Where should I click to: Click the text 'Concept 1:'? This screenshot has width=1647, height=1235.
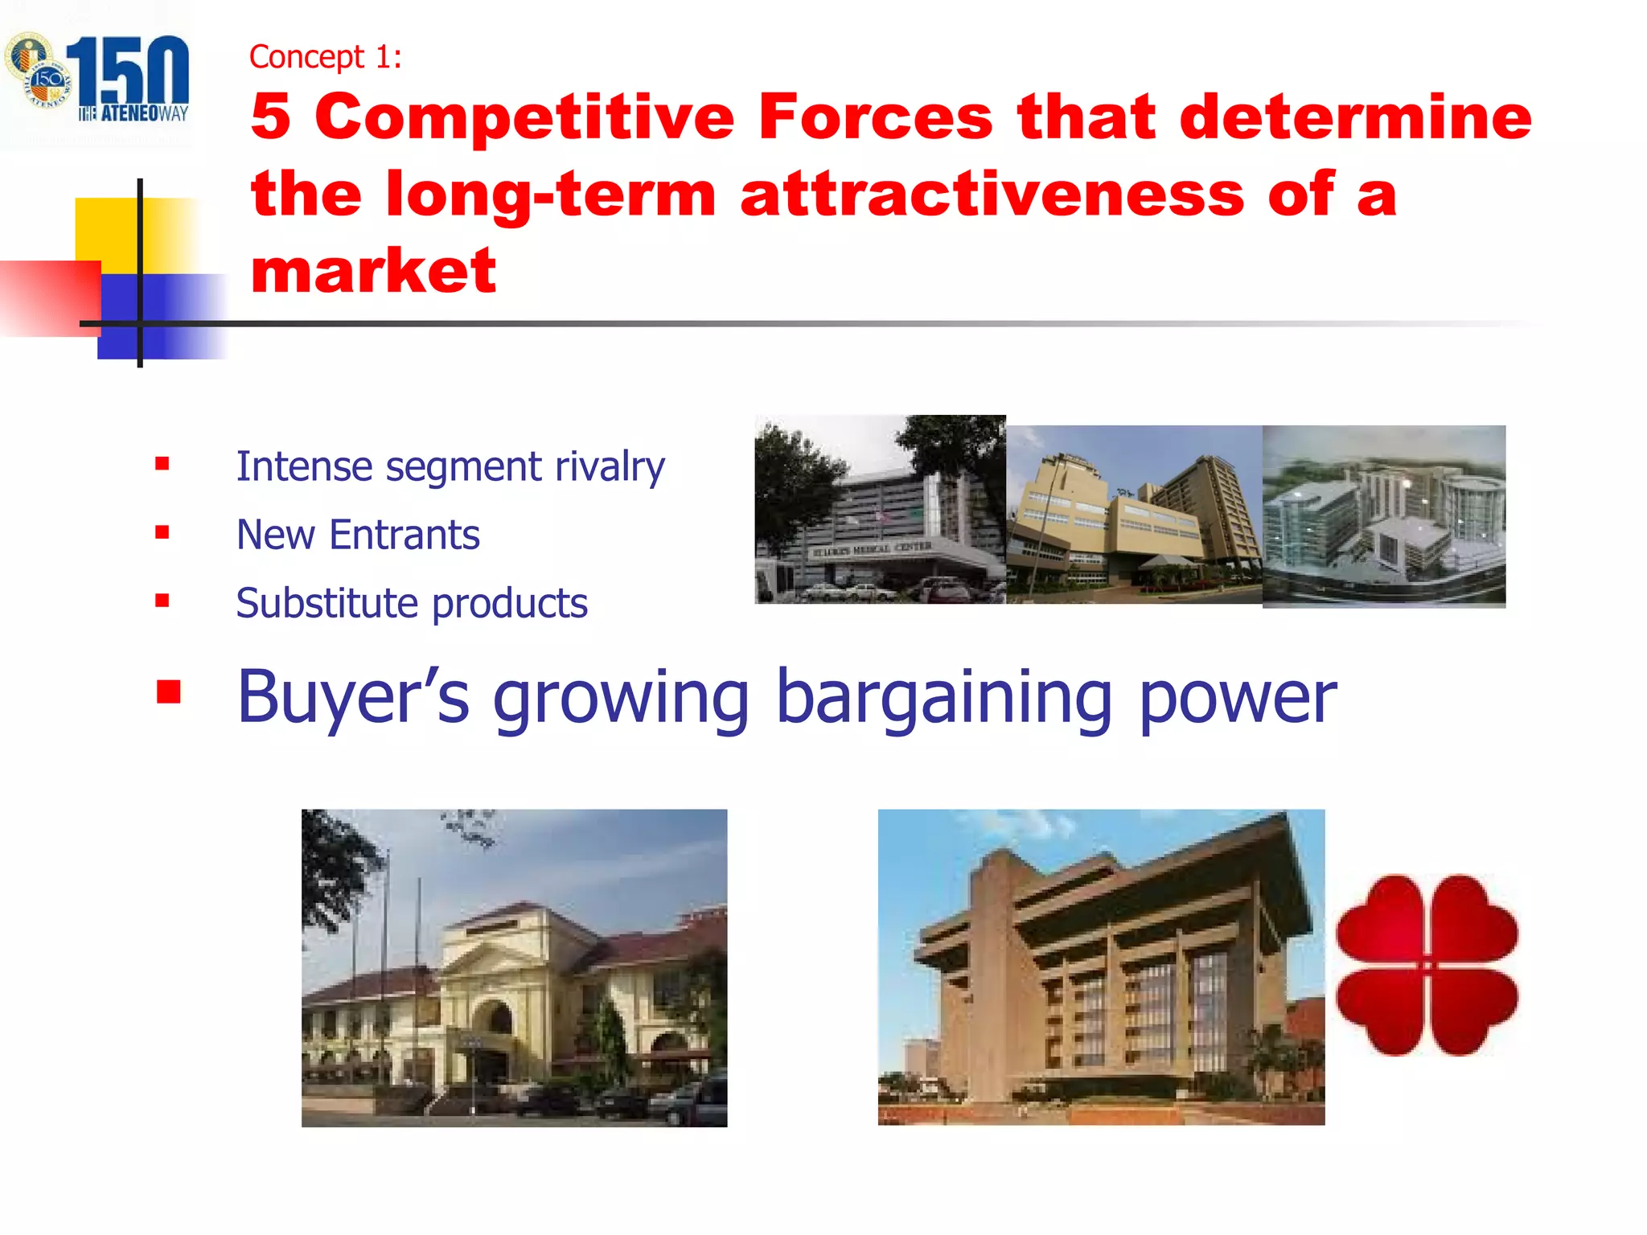(x=325, y=57)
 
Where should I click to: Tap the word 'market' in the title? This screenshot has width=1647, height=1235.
(x=373, y=272)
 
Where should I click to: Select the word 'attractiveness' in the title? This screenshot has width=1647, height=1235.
(x=992, y=195)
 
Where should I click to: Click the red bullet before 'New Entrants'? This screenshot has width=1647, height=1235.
(x=162, y=532)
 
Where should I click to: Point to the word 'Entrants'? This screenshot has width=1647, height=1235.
(x=405, y=535)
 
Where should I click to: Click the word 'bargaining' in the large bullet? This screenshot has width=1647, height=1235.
(x=944, y=698)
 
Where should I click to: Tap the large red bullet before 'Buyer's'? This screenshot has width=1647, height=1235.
(x=169, y=691)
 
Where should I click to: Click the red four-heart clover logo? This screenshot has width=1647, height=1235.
(x=1427, y=965)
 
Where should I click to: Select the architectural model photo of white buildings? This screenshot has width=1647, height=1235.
(x=1383, y=516)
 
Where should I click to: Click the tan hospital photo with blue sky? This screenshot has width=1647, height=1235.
(x=1134, y=515)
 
